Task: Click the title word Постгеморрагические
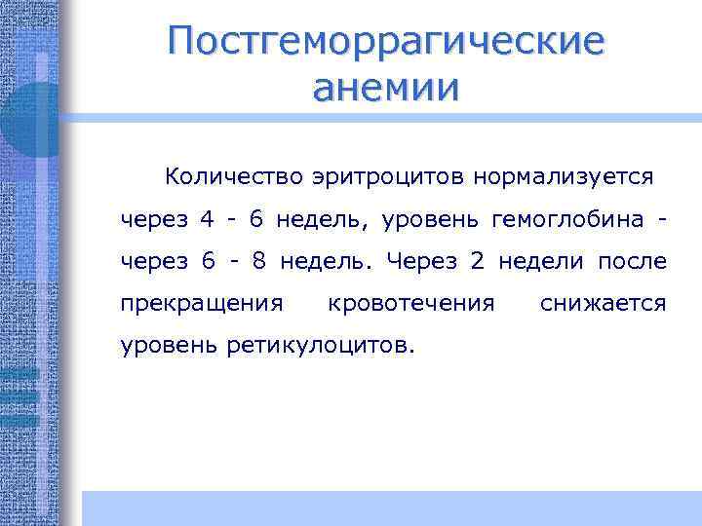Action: [x=385, y=42]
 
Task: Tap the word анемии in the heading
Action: [x=385, y=89]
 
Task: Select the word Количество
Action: [x=235, y=176]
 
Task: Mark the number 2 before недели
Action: [x=477, y=261]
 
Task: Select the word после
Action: [x=634, y=261]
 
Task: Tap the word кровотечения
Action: [x=411, y=304]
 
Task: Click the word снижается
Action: [x=603, y=304]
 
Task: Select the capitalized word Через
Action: [x=423, y=261]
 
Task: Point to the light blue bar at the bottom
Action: [x=390, y=507]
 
